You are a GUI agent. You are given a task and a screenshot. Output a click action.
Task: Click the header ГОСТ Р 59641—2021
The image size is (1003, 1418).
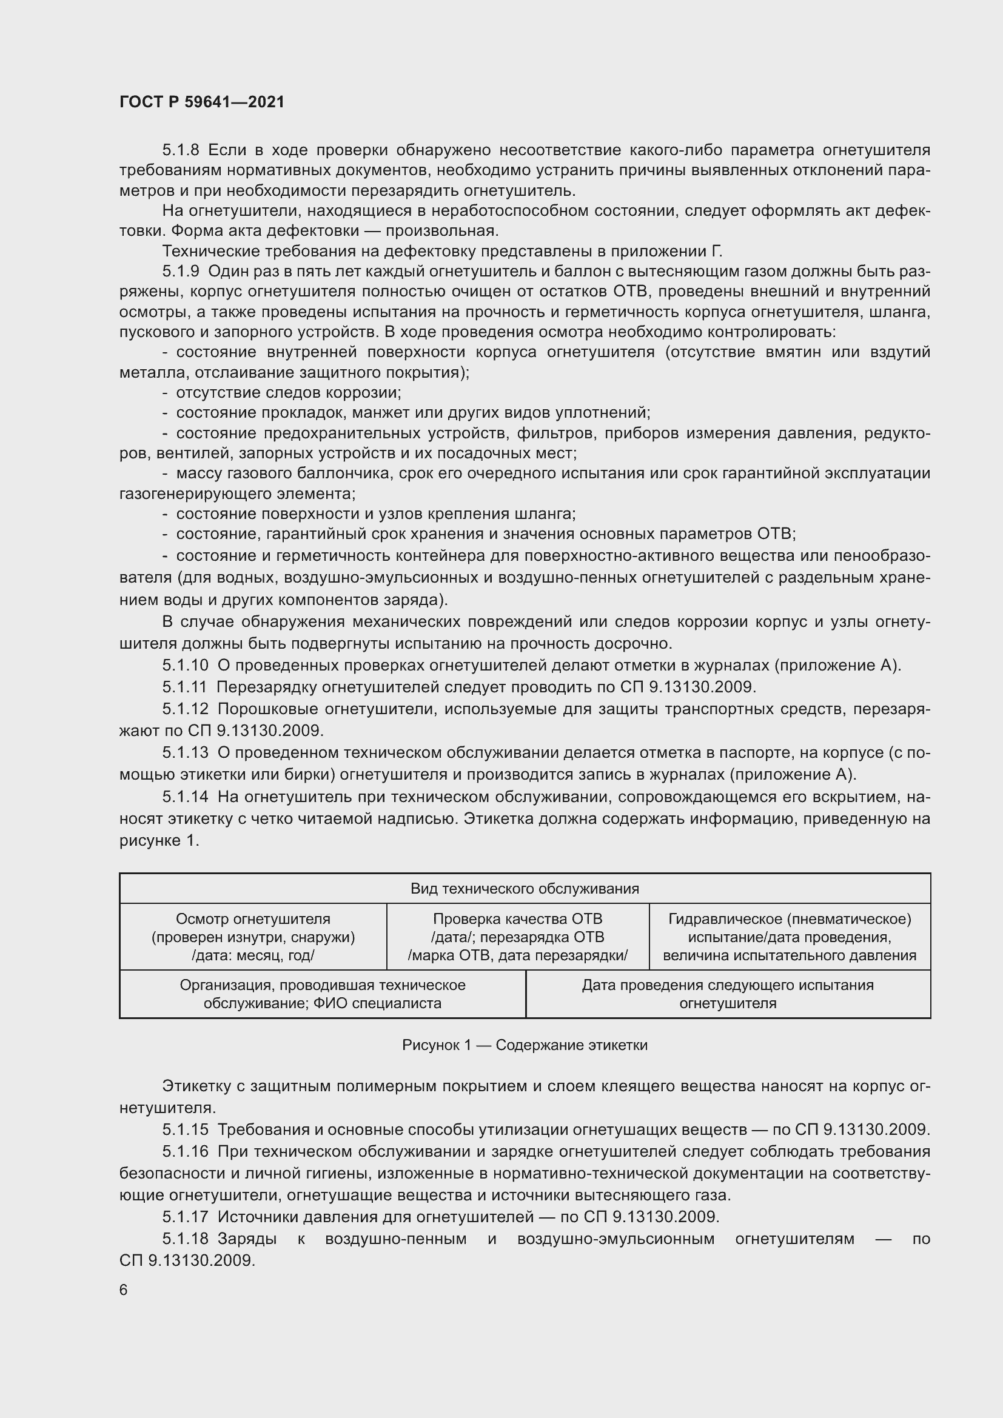point(202,102)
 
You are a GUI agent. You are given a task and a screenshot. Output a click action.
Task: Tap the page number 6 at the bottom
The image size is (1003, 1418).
point(124,1289)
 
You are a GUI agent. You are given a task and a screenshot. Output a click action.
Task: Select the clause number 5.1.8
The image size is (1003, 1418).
point(181,150)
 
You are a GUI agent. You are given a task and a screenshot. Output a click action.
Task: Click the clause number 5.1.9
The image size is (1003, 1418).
point(181,271)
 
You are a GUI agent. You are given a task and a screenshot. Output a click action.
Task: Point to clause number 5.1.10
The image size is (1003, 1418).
point(186,665)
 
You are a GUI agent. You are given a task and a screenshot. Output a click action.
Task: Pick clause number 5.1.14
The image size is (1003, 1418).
point(186,797)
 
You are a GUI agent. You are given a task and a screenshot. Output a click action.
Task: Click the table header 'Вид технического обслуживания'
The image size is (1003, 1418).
point(525,889)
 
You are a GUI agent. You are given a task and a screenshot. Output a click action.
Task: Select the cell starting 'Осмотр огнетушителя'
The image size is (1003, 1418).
point(253,937)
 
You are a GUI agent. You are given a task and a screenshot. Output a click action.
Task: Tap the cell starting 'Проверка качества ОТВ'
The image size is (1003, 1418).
point(517,937)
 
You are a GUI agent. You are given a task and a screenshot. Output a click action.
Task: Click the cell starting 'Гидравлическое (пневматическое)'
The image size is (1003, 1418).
point(790,937)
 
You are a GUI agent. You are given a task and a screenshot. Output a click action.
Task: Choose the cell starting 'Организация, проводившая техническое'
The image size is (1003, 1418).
point(323,994)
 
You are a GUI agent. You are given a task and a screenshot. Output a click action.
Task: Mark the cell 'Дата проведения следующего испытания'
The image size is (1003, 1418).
point(728,994)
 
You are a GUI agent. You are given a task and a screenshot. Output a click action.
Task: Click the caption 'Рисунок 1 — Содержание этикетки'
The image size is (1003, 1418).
point(525,1045)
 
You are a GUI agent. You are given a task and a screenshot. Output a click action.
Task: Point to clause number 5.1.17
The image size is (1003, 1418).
point(186,1217)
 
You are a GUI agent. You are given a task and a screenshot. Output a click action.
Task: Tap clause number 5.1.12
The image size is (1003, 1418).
point(186,709)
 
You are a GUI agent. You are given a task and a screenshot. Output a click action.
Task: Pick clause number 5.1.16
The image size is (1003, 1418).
point(186,1151)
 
